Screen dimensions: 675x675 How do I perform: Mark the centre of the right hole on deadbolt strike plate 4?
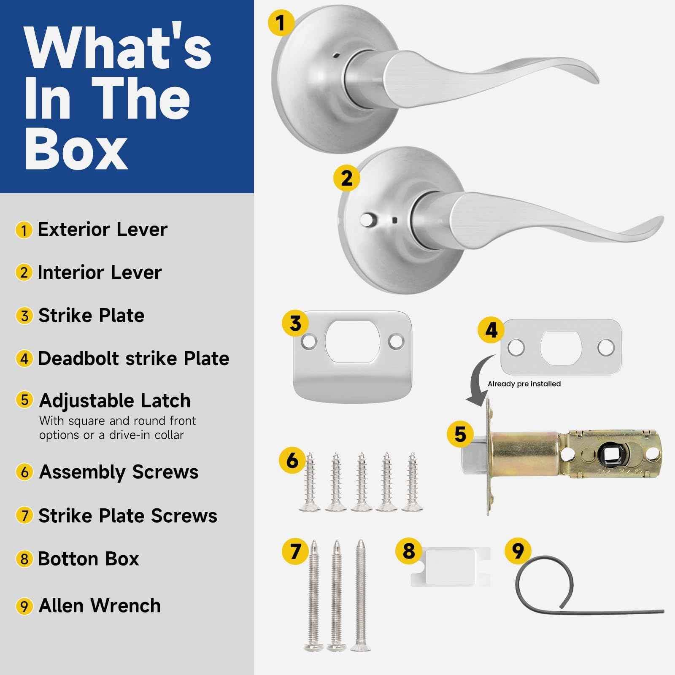606,347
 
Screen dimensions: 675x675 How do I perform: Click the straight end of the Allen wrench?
663,611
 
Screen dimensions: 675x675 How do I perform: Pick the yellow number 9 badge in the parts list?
24,606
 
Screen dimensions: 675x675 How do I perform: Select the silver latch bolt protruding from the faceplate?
475,458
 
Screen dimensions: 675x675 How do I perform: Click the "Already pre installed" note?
524,384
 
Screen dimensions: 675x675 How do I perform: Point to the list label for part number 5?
114,400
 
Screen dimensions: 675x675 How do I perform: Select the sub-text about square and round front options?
117,428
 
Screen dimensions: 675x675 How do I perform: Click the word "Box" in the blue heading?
76,147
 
